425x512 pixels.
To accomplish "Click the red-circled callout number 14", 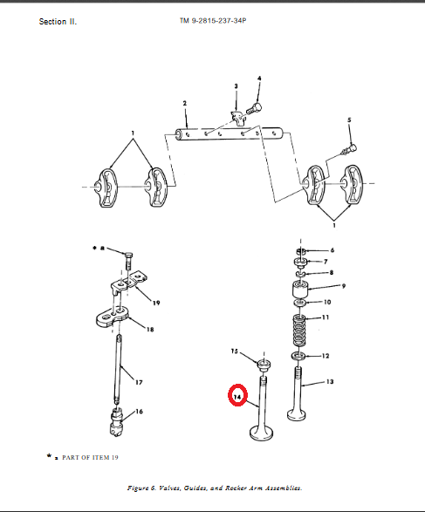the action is pos(237,397).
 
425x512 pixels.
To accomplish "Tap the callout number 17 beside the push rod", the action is pos(139,382).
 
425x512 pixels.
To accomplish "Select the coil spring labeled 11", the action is pos(299,331).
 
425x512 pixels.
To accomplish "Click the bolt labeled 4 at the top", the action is pos(253,108).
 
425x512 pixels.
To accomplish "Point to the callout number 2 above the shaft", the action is pos(184,103).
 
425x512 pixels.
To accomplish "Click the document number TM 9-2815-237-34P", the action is pos(213,21).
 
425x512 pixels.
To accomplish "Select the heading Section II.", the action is pos(58,22).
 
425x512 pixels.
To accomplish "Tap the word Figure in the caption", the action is pos(138,488).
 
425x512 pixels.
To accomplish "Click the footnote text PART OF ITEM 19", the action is pos(90,457).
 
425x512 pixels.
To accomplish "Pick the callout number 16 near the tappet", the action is pos(139,412).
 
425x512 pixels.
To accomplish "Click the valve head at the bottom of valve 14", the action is pos(261,433).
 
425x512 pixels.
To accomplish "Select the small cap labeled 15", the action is pos(264,365).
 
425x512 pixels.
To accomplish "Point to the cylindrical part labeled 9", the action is pos(300,289).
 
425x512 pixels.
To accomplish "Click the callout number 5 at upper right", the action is pos(349,119).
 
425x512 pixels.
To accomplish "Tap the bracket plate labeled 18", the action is pos(112,317).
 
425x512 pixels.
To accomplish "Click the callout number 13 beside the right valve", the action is pos(330,381).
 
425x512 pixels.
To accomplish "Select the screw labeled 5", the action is pos(349,149).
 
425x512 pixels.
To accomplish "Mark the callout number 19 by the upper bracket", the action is pos(156,303).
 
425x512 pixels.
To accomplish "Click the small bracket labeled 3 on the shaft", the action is pos(237,118).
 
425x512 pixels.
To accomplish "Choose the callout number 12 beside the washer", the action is pos(326,356).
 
